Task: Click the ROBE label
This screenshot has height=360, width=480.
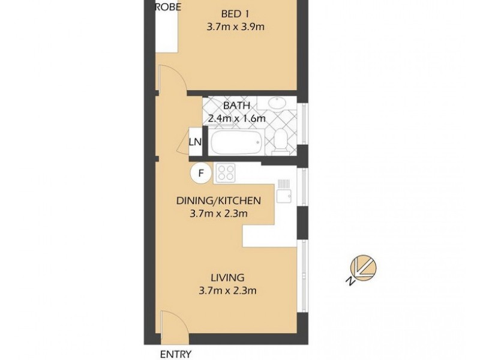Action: (x=168, y=8)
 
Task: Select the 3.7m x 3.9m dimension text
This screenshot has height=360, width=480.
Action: (x=235, y=26)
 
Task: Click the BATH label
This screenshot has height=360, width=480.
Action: (x=236, y=106)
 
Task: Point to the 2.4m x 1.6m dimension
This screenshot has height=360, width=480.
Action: (x=236, y=118)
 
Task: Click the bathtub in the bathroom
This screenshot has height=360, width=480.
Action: (x=236, y=143)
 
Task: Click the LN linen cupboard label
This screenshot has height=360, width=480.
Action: (x=195, y=142)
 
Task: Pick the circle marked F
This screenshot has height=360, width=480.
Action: (x=202, y=173)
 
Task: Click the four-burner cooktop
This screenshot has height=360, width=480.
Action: (x=227, y=173)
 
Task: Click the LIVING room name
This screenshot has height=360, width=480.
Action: (x=227, y=278)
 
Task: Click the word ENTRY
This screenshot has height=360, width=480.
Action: (x=175, y=354)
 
